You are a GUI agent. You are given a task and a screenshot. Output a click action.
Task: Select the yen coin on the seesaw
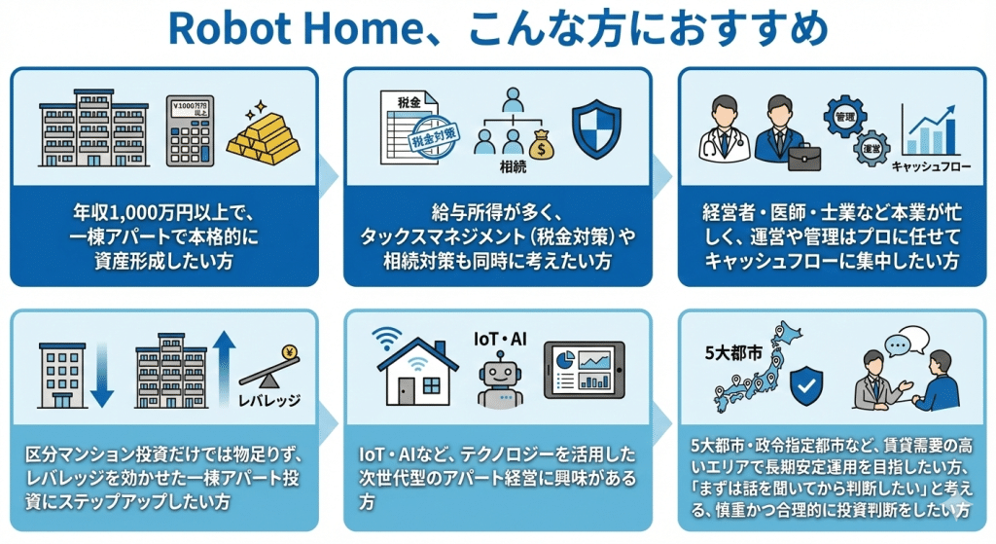point(289,354)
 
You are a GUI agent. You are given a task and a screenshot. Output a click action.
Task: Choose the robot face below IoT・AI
point(502,381)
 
